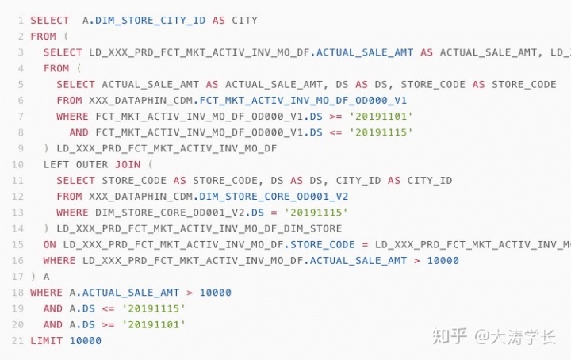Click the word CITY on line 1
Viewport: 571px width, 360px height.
coord(244,20)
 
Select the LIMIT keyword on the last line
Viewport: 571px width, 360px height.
coord(46,340)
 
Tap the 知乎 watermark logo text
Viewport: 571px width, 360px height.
coord(448,336)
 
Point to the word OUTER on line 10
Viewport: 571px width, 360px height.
coord(94,164)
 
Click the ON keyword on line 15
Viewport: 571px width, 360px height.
coord(50,244)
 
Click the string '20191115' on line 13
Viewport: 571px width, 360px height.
coord(316,213)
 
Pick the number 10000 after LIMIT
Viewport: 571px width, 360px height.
coord(85,340)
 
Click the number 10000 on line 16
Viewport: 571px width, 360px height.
coord(443,260)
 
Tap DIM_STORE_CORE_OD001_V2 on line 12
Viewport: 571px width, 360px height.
coord(273,196)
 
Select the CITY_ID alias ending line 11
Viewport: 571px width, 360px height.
coord(429,180)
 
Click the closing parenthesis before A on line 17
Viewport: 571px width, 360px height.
coord(33,277)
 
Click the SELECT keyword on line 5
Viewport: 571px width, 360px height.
coord(75,84)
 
